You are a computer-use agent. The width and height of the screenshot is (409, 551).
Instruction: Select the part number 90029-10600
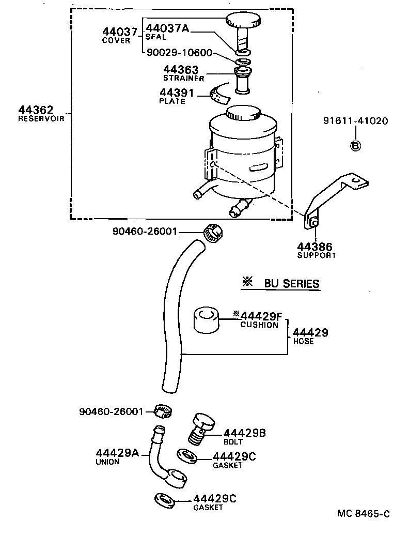click(x=179, y=53)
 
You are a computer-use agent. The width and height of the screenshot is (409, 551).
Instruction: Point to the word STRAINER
click(x=183, y=78)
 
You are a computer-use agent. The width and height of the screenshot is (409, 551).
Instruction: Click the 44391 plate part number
click(x=177, y=93)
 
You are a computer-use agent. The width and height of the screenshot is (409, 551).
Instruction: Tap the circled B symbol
click(x=355, y=146)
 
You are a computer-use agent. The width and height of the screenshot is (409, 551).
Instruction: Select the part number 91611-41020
click(x=355, y=121)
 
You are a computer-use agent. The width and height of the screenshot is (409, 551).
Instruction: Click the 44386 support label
click(x=314, y=247)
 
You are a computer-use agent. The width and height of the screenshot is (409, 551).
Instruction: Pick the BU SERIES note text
click(x=291, y=283)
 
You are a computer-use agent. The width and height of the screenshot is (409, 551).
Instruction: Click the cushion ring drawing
click(x=207, y=320)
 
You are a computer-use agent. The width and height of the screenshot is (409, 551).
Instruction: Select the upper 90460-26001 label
click(x=145, y=232)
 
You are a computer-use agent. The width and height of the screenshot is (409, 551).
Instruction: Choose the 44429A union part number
click(x=117, y=453)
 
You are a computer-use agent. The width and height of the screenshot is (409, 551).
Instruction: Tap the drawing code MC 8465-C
click(x=363, y=513)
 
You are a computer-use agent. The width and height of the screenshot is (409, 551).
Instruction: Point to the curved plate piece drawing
click(x=221, y=94)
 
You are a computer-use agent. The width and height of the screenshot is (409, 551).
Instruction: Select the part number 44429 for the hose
click(x=310, y=333)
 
